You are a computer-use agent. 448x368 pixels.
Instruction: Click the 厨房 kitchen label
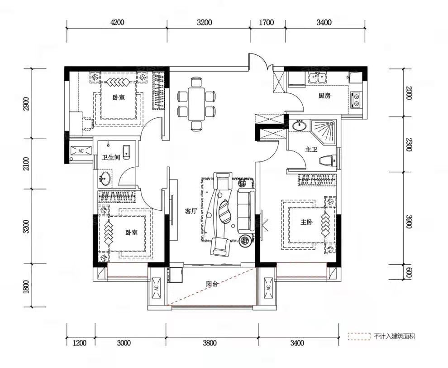324,96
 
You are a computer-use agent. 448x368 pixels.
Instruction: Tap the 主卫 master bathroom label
311,150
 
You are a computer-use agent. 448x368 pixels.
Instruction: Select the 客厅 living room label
191,212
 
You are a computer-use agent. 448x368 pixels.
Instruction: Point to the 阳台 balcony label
212,284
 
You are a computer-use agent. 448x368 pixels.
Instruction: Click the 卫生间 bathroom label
111,157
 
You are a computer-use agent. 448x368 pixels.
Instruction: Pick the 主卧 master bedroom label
306,222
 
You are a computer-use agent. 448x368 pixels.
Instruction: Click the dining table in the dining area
196,104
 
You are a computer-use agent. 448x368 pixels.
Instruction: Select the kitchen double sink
318,77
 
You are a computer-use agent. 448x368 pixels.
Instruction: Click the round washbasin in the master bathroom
300,126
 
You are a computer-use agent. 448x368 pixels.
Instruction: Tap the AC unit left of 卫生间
81,150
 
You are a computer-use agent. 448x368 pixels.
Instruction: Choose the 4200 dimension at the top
117,22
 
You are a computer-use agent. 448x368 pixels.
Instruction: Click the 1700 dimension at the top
266,22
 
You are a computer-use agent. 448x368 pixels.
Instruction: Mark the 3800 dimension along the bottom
210,343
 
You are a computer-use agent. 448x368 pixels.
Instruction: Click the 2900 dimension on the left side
26,104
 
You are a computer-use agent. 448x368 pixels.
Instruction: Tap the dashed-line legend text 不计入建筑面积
394,336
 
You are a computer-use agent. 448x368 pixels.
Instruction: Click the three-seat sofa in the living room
245,211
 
